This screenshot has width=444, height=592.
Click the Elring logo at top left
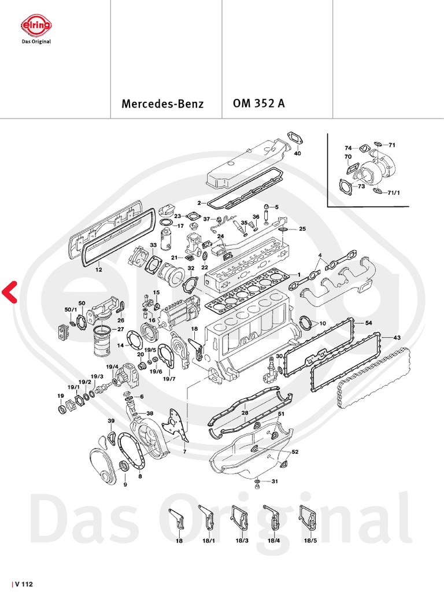point(36,27)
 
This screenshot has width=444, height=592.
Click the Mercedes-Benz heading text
point(162,105)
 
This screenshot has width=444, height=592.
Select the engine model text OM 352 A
point(258,104)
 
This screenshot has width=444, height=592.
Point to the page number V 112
point(24,584)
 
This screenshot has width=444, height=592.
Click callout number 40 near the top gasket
point(298,154)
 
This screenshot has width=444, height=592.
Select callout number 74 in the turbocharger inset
point(348,147)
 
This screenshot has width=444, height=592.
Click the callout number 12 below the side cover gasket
point(99,269)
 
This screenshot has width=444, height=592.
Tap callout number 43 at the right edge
point(397,338)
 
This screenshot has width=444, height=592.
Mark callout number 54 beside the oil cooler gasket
point(368,321)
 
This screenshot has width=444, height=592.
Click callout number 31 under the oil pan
point(275,482)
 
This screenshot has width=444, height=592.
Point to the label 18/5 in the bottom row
point(310,540)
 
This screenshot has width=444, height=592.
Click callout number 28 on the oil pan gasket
point(245,413)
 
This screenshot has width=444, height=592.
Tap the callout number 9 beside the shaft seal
point(125,484)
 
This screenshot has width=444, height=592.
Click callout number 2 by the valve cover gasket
point(198,203)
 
